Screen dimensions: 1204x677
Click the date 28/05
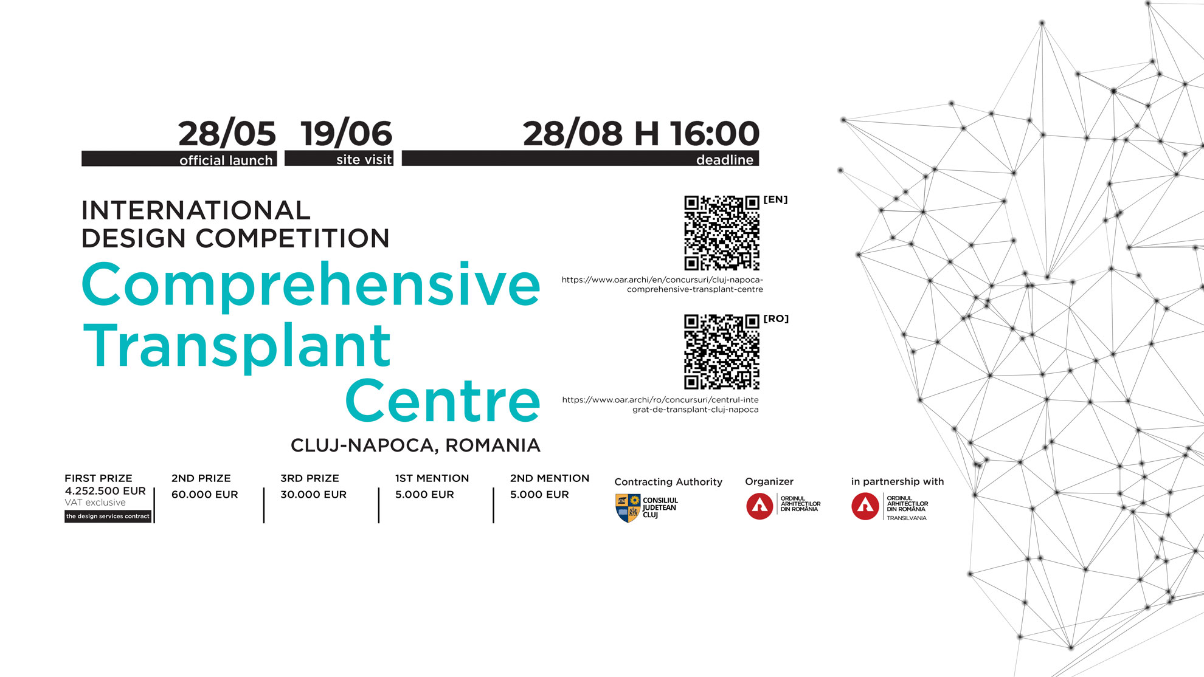227,134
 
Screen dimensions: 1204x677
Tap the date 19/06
347,134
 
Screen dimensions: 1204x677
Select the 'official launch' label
226,160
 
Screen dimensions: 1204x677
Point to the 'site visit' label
364,159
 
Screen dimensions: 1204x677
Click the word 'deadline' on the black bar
725,159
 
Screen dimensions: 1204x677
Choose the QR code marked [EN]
722,233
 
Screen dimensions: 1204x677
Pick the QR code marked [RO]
722,352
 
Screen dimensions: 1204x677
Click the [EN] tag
775,199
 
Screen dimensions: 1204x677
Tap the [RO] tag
776,318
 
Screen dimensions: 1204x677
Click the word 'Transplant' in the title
237,346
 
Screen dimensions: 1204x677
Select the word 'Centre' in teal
443,400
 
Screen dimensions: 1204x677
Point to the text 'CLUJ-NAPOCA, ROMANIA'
415,445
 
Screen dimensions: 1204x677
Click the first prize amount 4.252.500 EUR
105,491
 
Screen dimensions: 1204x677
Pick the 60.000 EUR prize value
204,495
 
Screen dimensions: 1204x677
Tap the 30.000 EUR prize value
313,495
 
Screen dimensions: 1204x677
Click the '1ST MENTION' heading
432,478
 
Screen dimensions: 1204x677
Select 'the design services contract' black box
108,517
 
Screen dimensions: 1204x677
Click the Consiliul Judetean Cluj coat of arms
628,508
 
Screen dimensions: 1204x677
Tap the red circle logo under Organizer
759,506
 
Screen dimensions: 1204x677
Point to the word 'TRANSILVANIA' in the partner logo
906,518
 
